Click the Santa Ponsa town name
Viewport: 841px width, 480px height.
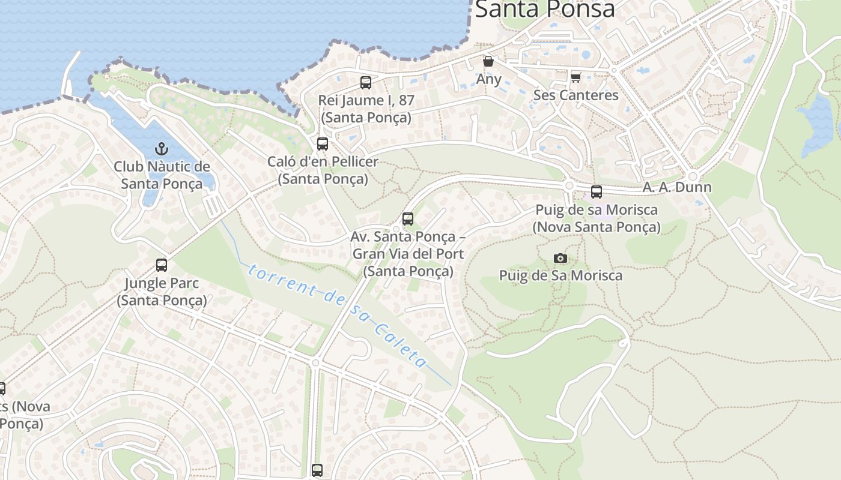pyautogui.click(x=545, y=9)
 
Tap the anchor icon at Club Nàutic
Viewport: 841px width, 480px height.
pyautogui.click(x=161, y=148)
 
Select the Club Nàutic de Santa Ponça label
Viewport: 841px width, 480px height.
pyautogui.click(x=162, y=175)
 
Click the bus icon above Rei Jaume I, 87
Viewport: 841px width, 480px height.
pyautogui.click(x=366, y=83)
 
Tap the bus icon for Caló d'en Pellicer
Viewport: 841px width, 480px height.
pyautogui.click(x=323, y=144)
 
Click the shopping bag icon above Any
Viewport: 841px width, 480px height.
pyautogui.click(x=488, y=61)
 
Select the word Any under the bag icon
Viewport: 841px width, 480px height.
pyautogui.click(x=488, y=79)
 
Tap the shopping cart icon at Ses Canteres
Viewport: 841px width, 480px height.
pyautogui.click(x=575, y=77)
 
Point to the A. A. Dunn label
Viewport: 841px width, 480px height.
pyautogui.click(x=677, y=187)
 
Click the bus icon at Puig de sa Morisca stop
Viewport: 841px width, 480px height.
pyautogui.click(x=596, y=192)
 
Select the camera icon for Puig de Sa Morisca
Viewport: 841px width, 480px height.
pyautogui.click(x=560, y=258)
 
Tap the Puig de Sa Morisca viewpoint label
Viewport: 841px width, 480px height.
pyautogui.click(x=560, y=276)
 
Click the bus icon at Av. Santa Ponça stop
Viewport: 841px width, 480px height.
pyautogui.click(x=408, y=219)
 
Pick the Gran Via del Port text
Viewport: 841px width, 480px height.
pyautogui.click(x=408, y=254)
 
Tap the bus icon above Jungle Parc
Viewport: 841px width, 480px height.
pyautogui.click(x=161, y=265)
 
